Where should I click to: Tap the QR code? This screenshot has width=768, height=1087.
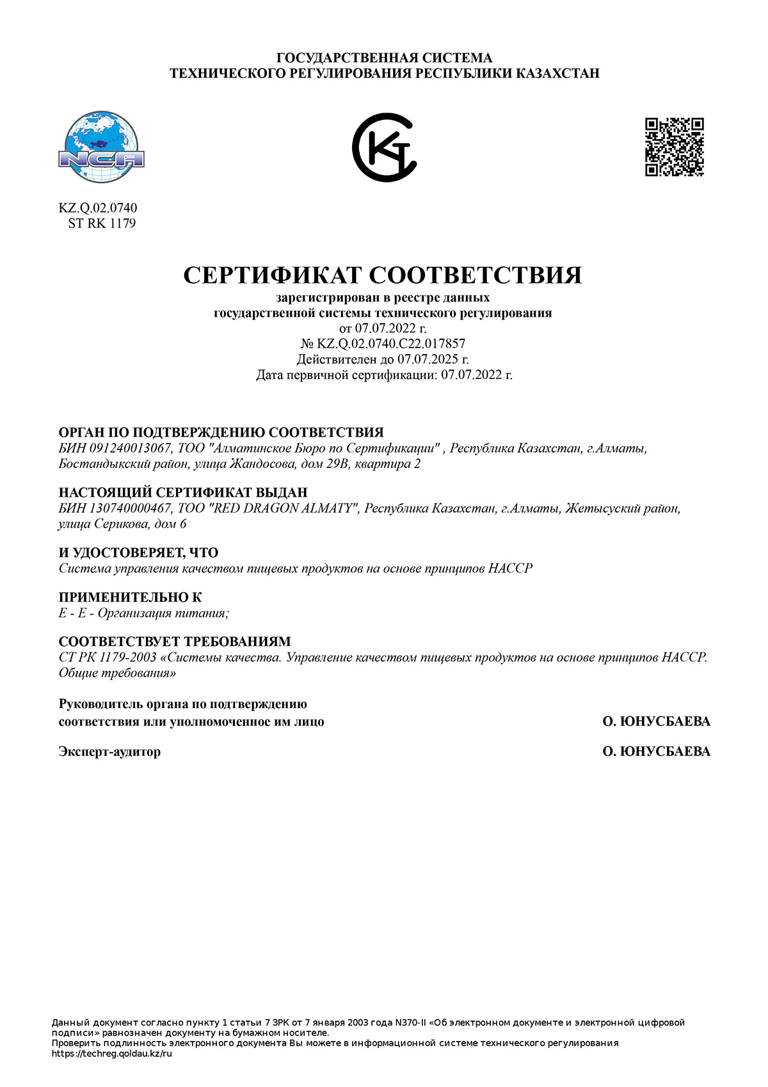[674, 147]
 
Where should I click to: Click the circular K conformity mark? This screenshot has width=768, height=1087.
[384, 148]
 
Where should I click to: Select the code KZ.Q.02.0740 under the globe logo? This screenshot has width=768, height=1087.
[98, 208]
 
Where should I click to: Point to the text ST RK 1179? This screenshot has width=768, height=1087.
[102, 223]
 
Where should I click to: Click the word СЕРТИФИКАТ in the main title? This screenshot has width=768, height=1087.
[273, 275]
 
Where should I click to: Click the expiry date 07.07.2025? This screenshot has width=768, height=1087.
[428, 359]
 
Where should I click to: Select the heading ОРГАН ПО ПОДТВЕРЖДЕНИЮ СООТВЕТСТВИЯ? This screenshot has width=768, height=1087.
[221, 432]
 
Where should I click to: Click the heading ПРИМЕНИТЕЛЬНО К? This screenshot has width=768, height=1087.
[130, 597]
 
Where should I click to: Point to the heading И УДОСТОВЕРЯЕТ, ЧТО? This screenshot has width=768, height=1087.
[138, 552]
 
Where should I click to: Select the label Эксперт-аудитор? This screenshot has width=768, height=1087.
[109, 752]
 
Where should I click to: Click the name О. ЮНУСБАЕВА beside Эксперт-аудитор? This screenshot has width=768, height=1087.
[656, 752]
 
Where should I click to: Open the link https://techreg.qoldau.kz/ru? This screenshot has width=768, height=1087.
[112, 1054]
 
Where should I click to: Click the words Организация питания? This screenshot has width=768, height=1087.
[162, 613]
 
